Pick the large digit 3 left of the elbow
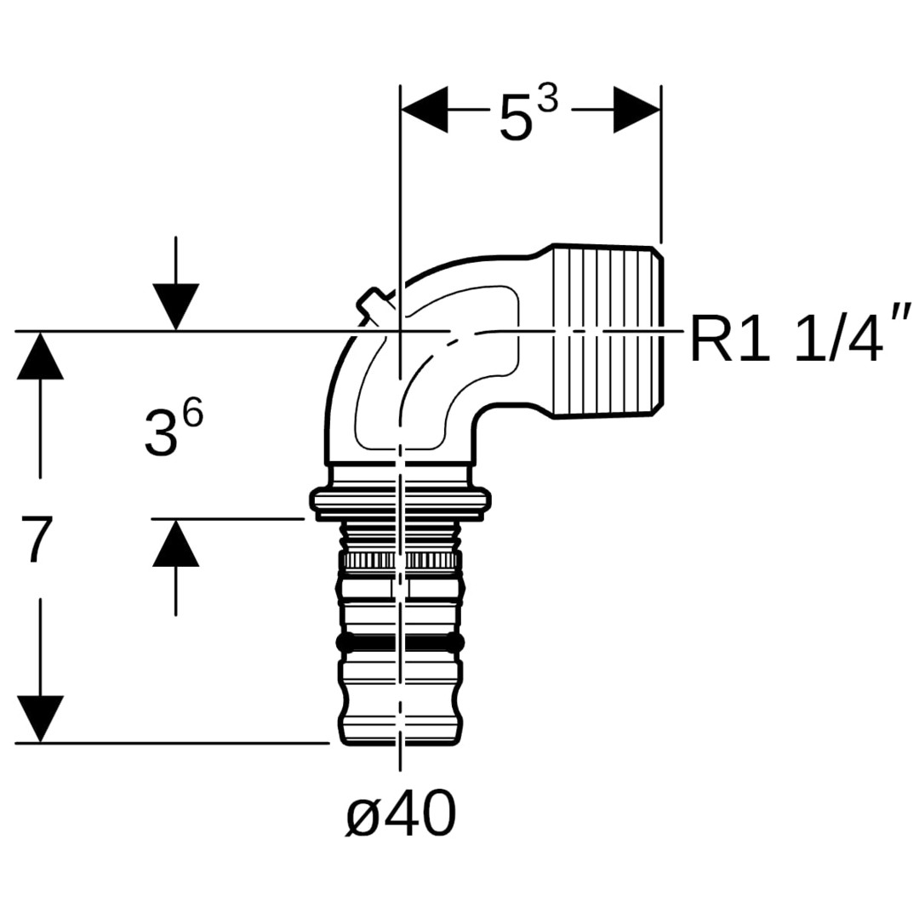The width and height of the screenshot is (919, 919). pos(161,434)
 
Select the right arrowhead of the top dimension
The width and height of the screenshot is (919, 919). pos(637,109)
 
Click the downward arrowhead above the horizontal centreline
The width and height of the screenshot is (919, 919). pos(175,306)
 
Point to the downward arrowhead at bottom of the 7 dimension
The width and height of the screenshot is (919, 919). pos(39,718)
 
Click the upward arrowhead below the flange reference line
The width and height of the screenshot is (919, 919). pos(175,544)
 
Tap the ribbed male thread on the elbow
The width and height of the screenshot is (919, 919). pos(608,330)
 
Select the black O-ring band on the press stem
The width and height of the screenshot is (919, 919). pos(400,642)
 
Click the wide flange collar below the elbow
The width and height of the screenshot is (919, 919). pos(400,503)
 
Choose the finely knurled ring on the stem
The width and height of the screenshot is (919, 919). pos(400,561)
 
